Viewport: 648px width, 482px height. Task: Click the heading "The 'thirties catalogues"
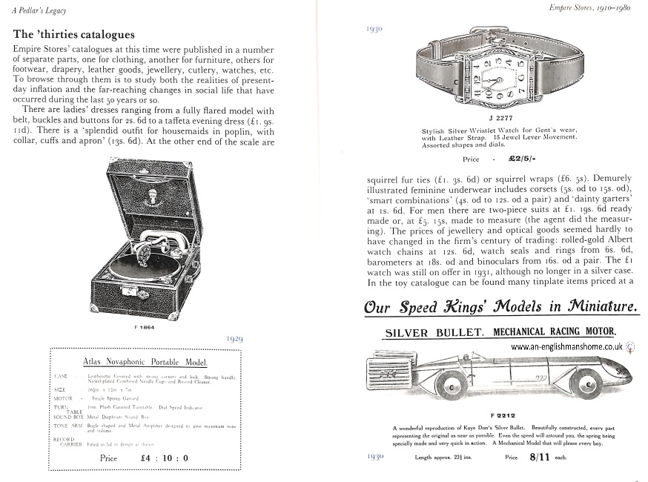73,35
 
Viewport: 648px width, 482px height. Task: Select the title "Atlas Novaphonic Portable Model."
145,362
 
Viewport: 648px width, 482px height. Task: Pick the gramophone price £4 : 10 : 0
164,458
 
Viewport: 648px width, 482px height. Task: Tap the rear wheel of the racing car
451,387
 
